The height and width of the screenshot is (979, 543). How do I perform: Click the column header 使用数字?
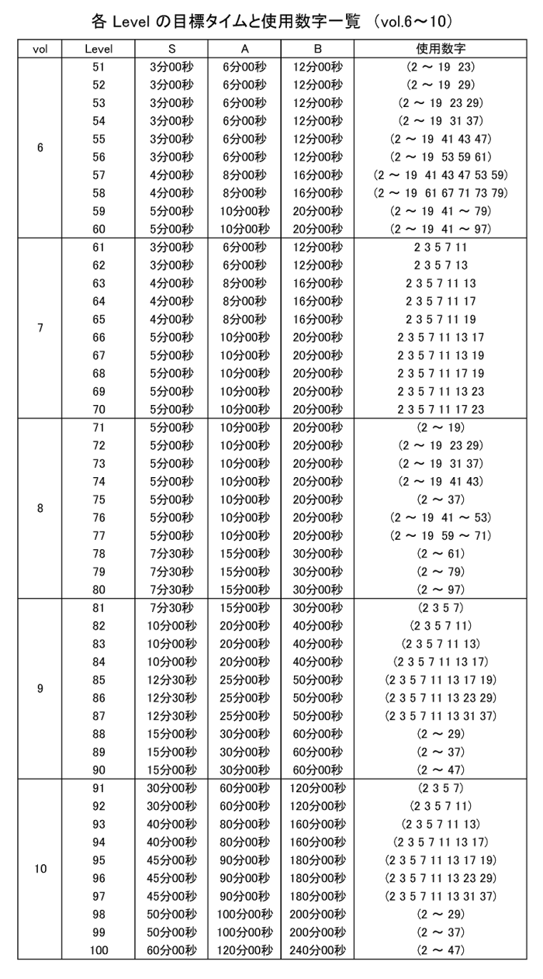click(x=441, y=49)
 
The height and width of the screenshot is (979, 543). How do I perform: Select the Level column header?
click(x=99, y=49)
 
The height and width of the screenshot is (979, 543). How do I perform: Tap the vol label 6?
click(x=40, y=147)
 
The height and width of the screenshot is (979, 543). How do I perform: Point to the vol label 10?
click(x=40, y=869)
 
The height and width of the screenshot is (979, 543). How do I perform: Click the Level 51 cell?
click(x=99, y=67)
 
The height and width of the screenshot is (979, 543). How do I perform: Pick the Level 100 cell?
click(x=99, y=950)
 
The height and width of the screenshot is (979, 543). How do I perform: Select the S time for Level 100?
click(x=171, y=950)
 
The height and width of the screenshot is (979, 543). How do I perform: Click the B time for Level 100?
click(x=317, y=950)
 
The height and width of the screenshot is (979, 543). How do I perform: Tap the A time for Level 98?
click(x=244, y=914)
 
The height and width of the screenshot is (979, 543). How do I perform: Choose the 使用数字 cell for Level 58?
click(x=441, y=193)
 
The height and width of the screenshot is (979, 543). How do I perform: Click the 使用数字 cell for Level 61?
click(x=441, y=247)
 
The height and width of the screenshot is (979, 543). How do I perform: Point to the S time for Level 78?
click(x=171, y=554)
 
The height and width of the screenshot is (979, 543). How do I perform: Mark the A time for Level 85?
click(x=244, y=680)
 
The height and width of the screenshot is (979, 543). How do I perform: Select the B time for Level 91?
click(x=317, y=788)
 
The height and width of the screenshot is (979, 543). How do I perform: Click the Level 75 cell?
click(x=99, y=500)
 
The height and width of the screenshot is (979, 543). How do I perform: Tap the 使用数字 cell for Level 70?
click(x=441, y=410)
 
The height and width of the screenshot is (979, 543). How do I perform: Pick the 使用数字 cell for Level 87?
click(x=441, y=716)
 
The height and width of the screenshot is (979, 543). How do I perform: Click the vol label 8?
click(x=40, y=508)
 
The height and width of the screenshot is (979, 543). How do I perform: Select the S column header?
click(x=171, y=49)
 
